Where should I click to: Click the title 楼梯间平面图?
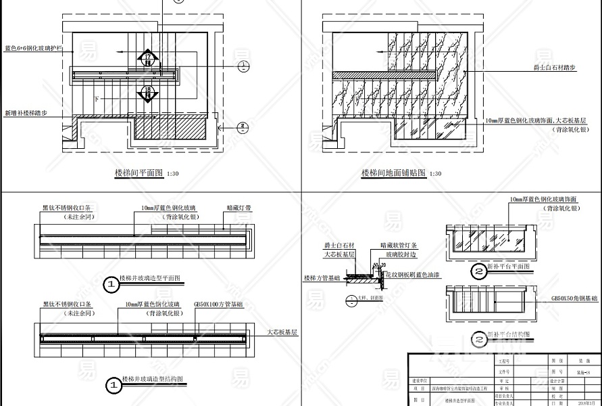(139, 174)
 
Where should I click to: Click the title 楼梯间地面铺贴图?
(393, 174)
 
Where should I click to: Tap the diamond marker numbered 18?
(147, 91)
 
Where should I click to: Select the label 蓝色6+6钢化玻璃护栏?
(34, 49)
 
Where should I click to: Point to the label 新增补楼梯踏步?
(26, 114)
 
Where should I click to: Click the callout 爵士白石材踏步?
(553, 68)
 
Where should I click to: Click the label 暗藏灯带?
(239, 209)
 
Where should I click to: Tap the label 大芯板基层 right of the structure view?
(282, 332)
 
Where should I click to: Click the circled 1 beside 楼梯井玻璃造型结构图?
(114, 385)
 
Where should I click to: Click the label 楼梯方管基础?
(320, 278)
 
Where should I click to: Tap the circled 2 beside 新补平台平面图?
(478, 272)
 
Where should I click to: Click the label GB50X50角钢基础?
(575, 298)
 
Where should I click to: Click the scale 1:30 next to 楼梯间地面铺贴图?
(434, 175)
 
